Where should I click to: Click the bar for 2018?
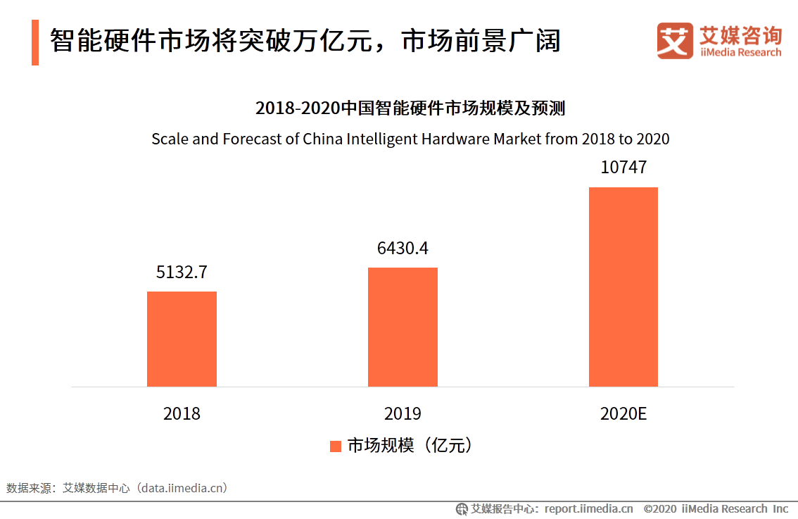click(182, 339)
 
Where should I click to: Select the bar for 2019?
click(403, 327)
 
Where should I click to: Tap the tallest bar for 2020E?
click(623, 287)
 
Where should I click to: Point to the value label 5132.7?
click(182, 272)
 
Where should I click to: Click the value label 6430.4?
click(403, 249)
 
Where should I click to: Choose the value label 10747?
click(623, 168)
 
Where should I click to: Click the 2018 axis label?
click(182, 413)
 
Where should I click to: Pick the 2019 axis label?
click(403, 413)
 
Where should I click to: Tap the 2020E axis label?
click(623, 413)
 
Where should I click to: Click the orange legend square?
click(335, 446)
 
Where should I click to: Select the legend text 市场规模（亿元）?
click(409, 446)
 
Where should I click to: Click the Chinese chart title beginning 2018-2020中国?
click(410, 108)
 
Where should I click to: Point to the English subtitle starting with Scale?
click(410, 139)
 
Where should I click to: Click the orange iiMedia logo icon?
click(675, 41)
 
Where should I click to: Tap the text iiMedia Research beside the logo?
click(740, 53)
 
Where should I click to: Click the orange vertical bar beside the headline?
click(35, 43)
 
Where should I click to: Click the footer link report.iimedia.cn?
click(588, 508)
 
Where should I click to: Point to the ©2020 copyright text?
click(660, 508)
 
